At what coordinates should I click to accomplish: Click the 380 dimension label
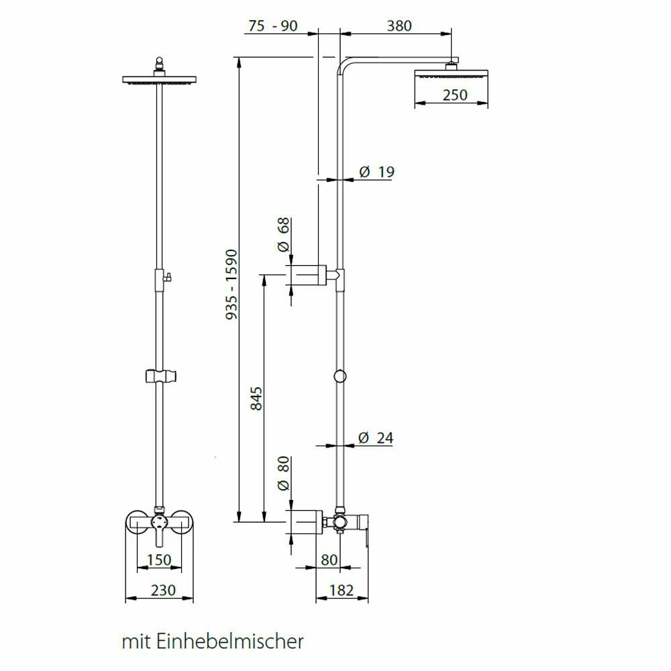click(x=399, y=26)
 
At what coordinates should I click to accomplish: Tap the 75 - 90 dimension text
click(x=273, y=26)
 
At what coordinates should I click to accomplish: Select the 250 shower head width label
click(x=455, y=95)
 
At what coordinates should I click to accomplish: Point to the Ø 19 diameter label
click(x=376, y=172)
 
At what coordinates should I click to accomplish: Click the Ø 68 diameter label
click(x=284, y=235)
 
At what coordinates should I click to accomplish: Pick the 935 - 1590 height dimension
click(x=231, y=285)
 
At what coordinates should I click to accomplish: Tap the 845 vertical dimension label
click(x=256, y=399)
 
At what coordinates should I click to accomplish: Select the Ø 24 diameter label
click(x=375, y=437)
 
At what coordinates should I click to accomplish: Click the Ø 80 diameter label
click(x=284, y=473)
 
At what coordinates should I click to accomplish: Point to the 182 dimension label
click(x=342, y=590)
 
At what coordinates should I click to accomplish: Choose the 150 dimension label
click(x=159, y=560)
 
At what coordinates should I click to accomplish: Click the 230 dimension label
click(x=163, y=590)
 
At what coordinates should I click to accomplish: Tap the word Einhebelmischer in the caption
click(x=230, y=641)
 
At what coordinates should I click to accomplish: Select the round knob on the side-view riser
click(x=340, y=376)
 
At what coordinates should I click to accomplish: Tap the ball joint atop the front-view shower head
click(x=159, y=66)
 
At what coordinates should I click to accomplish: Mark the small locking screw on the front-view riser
click(x=168, y=277)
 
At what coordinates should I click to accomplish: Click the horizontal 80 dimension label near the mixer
click(x=329, y=560)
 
